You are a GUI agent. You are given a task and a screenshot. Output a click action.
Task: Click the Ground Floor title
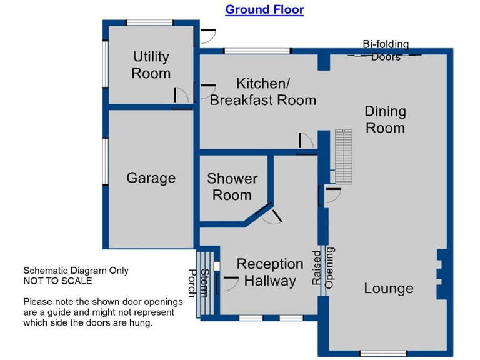pos(264,9)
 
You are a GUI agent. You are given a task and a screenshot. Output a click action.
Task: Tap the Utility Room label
pos(151,65)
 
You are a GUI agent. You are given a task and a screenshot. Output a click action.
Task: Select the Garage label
pos(151,178)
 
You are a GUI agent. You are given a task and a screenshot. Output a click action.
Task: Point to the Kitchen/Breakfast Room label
pos(263,92)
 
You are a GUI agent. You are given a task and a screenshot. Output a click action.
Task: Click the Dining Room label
pos(386,119)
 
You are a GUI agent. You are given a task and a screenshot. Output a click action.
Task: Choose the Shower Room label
pos(232,187)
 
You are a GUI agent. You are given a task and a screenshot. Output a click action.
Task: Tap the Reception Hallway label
pos(270,272)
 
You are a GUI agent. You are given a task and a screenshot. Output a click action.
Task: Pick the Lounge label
pos(389,288)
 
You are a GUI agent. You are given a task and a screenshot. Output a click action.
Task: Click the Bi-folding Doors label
pos(386,51)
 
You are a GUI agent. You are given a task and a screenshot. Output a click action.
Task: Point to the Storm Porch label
pos(198,283)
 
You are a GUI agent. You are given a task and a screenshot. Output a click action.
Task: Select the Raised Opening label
pos(323,268)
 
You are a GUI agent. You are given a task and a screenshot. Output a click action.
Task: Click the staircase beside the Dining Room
pos(344,156)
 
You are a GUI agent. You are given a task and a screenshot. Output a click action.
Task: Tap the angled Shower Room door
pos(269,213)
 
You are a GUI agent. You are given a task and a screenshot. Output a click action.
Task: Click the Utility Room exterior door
pos(205,36)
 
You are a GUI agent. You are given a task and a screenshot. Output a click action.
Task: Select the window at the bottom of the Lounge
pos(383,354)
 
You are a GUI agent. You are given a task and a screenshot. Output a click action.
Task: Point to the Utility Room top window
pos(150,22)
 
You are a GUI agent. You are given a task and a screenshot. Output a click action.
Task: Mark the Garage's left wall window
pos(105,161)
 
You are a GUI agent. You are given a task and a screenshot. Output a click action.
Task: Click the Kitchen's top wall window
pos(257,51)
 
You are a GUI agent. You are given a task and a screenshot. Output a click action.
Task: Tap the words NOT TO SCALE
pos(58,281)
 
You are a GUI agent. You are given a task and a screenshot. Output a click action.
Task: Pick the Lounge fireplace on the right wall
pos(441,274)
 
